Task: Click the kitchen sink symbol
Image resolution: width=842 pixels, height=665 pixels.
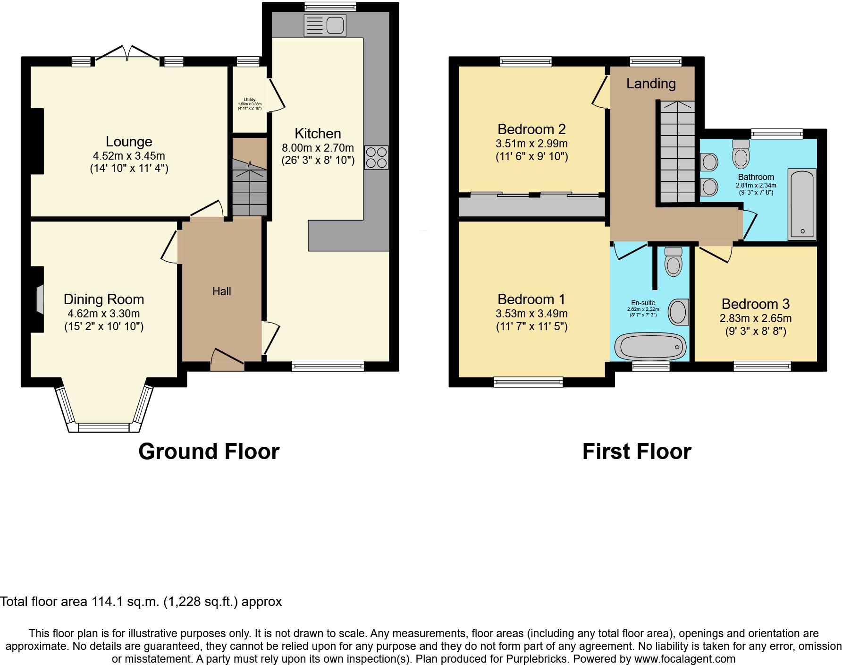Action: coord(325,26)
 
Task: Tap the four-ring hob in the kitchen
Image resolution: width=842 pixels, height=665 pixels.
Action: coord(376,158)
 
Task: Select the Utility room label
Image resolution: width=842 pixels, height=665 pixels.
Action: coord(249,100)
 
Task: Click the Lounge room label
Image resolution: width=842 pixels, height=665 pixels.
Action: coord(129,142)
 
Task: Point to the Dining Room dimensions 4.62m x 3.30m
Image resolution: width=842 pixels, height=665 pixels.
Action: coord(104,314)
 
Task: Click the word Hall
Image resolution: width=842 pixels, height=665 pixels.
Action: coord(221,291)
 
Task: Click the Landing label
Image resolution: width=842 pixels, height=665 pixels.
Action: coord(651,84)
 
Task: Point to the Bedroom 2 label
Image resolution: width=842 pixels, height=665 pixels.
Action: coord(531,129)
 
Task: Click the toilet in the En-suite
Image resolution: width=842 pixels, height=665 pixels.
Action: coord(673,262)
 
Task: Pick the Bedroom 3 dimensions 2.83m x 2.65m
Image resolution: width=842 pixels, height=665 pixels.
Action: coord(755,318)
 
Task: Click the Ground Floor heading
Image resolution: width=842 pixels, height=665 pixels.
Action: coord(209,452)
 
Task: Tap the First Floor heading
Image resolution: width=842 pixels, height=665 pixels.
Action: coord(636,452)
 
